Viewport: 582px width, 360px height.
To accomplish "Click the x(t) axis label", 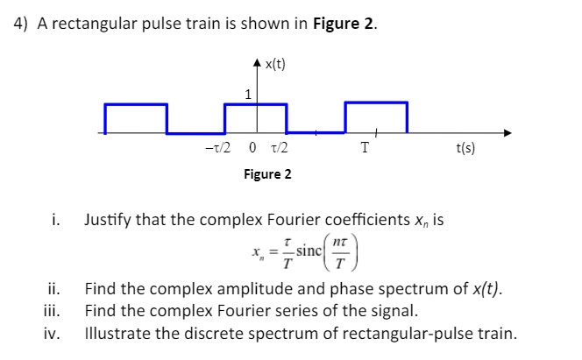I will point(274,64).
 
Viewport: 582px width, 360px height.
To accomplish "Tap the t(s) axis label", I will point(465,149).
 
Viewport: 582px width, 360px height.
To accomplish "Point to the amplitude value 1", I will point(248,94).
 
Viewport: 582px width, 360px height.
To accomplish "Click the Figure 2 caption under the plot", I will point(267,174).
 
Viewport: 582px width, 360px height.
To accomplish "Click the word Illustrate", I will point(118,333).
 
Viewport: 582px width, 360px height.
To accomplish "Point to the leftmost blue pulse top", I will point(136,104).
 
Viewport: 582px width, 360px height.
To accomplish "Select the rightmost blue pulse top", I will point(376,103).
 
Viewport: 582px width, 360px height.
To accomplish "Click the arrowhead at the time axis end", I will point(507,134).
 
